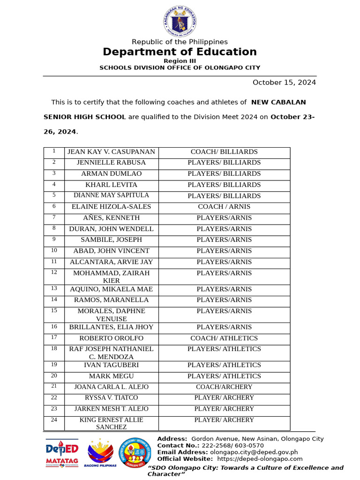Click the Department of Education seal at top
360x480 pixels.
(x=180, y=21)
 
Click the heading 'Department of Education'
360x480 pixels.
(x=180, y=52)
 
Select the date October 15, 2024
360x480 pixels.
(x=284, y=82)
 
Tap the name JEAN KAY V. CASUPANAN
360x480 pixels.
(x=111, y=152)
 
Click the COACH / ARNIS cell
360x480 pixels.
(x=224, y=207)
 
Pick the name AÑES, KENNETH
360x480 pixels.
(x=111, y=218)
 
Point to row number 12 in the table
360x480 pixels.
(x=54, y=272)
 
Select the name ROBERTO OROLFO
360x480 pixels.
(x=111, y=338)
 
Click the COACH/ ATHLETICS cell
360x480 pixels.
(x=224, y=338)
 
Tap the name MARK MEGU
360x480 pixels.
(x=111, y=376)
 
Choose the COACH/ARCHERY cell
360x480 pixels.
(x=224, y=387)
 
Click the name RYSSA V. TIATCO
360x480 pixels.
(x=111, y=398)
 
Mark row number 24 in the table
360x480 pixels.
(x=54, y=420)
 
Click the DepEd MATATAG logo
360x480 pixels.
(x=62, y=453)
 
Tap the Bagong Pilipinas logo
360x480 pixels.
(x=100, y=452)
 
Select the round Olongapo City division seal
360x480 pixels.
(x=135, y=453)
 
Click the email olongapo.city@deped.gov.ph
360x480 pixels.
(x=254, y=452)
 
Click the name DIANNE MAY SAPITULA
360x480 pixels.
(x=111, y=195)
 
